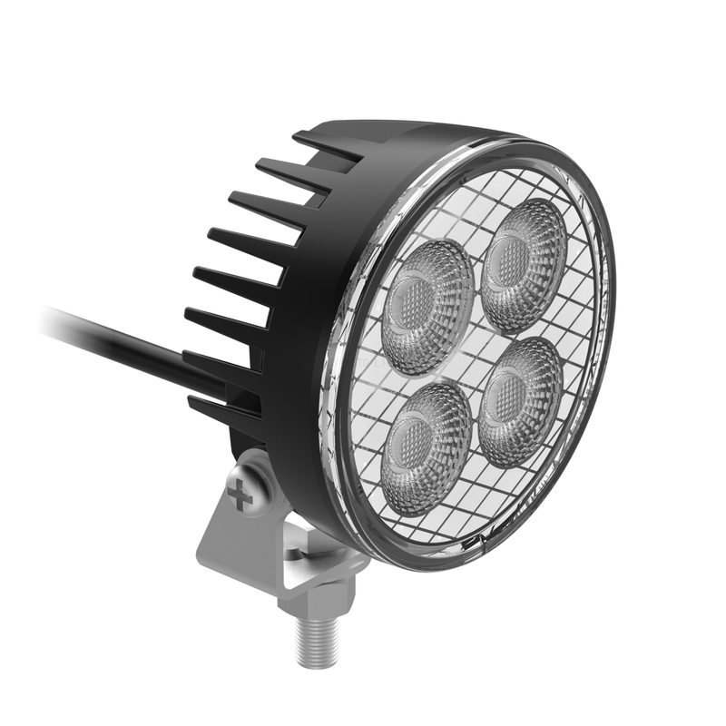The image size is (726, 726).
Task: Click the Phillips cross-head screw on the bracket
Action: (x=240, y=495)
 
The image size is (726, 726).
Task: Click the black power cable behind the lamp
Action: (x=118, y=340)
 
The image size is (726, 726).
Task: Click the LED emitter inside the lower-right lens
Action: (x=512, y=399)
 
